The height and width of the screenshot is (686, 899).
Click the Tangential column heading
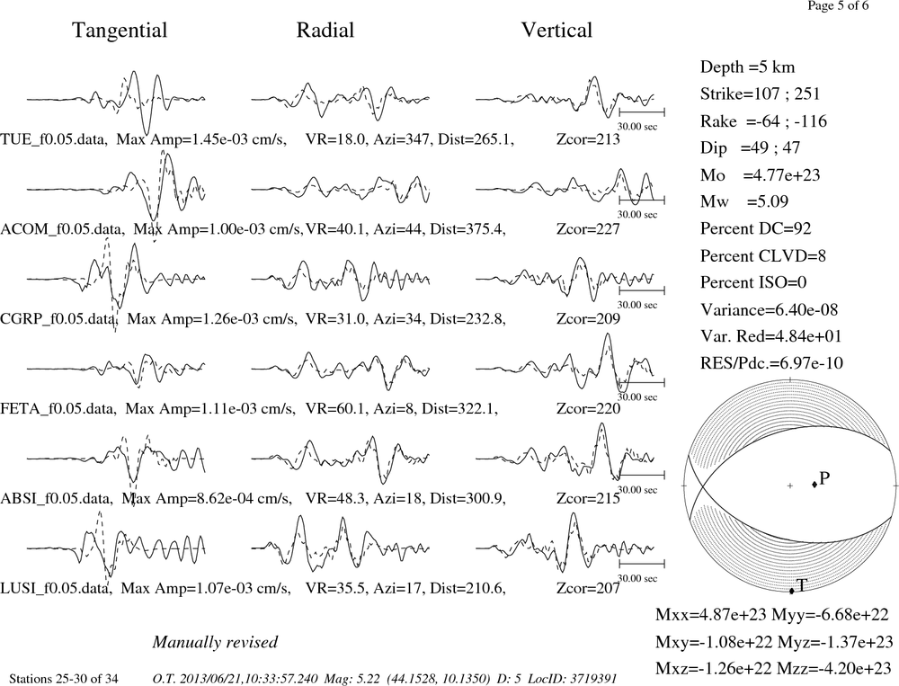(120, 31)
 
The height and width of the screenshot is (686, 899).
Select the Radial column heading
(325, 30)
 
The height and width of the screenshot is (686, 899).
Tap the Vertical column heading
(556, 30)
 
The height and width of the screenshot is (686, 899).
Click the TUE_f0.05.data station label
(54, 139)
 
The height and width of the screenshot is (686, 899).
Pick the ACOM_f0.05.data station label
(62, 229)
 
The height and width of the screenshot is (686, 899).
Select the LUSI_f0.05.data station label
(56, 589)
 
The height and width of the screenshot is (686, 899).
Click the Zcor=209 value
(588, 319)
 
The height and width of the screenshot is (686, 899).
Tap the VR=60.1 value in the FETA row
(335, 409)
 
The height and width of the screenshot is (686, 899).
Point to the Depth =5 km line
(748, 67)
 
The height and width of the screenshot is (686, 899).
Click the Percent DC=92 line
(756, 229)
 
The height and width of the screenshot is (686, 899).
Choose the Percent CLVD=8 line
(763, 256)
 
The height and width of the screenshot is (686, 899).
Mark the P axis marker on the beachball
(814, 485)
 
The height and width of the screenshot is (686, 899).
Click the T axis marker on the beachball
(792, 591)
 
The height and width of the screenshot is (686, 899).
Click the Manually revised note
(215, 643)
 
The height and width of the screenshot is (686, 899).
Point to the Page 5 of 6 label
(838, 5)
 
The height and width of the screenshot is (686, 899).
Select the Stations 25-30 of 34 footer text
(64, 679)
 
